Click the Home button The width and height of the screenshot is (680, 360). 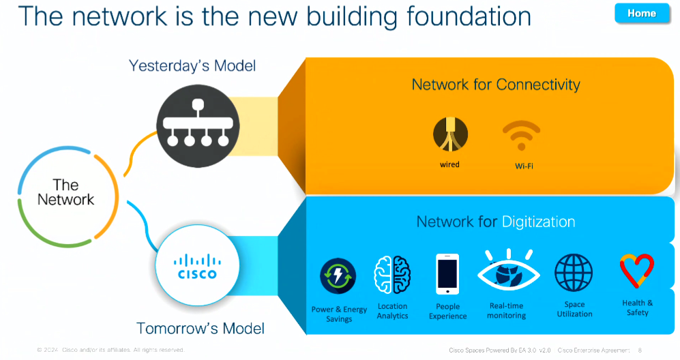(x=641, y=13)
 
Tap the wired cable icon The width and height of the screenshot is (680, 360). (x=450, y=134)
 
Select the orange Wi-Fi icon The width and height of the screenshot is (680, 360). (x=521, y=135)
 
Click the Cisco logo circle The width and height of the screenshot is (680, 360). (x=196, y=268)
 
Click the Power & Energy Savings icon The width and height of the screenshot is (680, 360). (x=338, y=276)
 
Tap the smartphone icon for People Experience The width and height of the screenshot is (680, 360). (x=447, y=273)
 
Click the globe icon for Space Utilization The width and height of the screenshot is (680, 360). (x=574, y=273)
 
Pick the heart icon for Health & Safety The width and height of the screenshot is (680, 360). (x=637, y=272)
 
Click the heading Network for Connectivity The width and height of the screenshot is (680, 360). (x=496, y=85)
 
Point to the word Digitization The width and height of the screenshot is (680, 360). (x=538, y=222)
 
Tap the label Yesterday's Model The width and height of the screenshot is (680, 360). (x=192, y=66)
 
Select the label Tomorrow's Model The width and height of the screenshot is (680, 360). (x=201, y=328)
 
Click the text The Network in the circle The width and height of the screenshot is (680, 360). (x=65, y=192)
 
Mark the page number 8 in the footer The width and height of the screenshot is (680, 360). (x=640, y=350)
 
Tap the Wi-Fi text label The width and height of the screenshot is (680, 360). (x=523, y=166)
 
